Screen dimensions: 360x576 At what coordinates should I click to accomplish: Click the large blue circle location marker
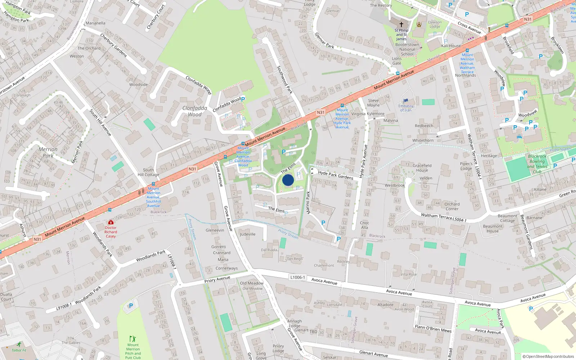coord(288,180)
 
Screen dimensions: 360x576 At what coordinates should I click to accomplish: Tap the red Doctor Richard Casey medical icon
coord(111,222)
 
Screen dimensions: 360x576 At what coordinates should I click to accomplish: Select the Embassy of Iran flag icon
coord(406,101)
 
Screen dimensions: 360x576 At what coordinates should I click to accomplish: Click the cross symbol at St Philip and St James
coord(401,25)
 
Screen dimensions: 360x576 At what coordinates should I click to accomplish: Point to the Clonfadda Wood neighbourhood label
coord(195,111)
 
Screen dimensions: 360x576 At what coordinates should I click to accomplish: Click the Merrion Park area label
coord(48,152)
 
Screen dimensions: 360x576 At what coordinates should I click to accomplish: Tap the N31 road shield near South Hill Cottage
coord(193,169)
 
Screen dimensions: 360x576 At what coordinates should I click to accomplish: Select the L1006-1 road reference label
coord(297,277)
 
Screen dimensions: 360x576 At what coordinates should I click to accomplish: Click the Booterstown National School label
coord(407,49)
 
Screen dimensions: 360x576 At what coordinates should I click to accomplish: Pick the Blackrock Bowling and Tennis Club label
coord(537,164)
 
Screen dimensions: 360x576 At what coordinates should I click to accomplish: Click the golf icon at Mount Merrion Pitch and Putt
coord(132,339)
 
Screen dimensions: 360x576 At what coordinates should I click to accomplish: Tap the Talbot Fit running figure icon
coord(19,345)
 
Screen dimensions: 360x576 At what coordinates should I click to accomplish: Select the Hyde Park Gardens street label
coord(336,175)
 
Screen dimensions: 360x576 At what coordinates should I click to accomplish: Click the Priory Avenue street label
coord(217,279)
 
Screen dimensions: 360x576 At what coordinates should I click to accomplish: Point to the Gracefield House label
coord(422,168)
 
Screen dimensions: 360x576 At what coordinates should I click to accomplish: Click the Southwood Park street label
coord(284,80)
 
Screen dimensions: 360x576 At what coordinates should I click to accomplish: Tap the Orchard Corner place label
coord(452,206)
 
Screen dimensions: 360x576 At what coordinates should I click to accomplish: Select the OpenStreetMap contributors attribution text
coord(548,356)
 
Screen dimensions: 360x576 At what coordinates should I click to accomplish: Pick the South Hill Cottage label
coord(148,172)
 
